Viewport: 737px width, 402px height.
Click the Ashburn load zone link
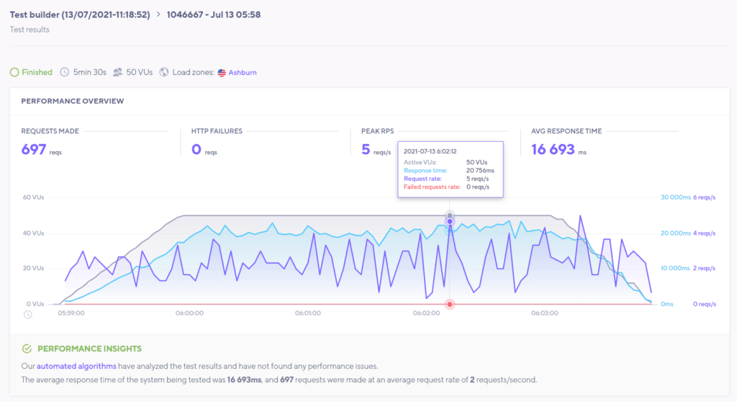click(243, 73)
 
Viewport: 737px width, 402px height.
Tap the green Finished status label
click(37, 73)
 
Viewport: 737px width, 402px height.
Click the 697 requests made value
click(34, 150)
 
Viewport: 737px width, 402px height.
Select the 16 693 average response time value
click(553, 150)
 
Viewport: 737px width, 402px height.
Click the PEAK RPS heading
click(378, 131)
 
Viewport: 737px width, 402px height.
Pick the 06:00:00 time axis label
click(189, 313)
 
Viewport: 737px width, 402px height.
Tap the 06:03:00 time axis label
click(545, 313)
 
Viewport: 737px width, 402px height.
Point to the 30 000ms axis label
click(674, 197)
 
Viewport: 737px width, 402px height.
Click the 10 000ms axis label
click(674, 268)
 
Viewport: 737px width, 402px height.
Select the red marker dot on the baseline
click(450, 304)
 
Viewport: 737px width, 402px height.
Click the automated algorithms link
click(67, 367)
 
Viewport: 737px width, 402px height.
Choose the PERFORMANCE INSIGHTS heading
click(90, 349)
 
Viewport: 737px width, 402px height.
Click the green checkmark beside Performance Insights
click(27, 349)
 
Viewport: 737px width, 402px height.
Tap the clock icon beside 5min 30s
click(65, 73)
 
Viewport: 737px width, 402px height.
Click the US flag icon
click(222, 73)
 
